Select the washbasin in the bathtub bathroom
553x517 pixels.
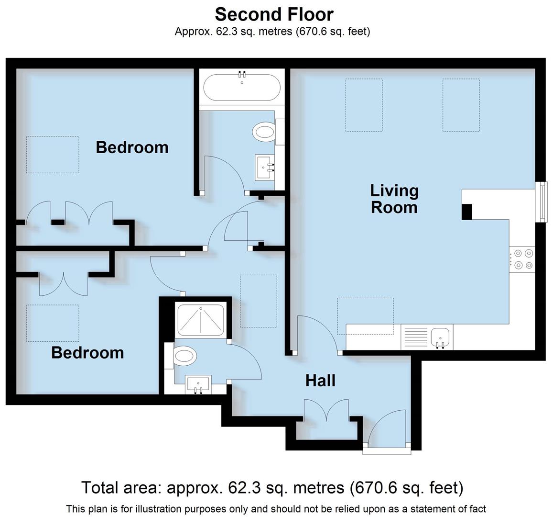pyautogui.click(x=265, y=167)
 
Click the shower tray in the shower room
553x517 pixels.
pyautogui.click(x=201, y=320)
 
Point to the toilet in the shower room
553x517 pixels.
pyautogui.click(x=184, y=356)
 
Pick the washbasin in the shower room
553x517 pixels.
pyautogui.click(x=198, y=384)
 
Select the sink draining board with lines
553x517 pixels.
pyautogui.click(x=415, y=337)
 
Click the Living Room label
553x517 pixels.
pyautogui.click(x=394, y=199)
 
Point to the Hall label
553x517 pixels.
pyautogui.click(x=320, y=381)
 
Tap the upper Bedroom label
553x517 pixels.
pyautogui.click(x=132, y=147)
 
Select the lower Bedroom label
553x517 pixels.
pyautogui.click(x=87, y=353)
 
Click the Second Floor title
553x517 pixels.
pyautogui.click(x=274, y=14)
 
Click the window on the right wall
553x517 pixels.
pyautogui.click(x=542, y=201)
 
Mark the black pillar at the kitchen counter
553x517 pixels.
pyautogui.click(x=466, y=212)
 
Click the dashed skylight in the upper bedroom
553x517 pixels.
pyautogui.click(x=52, y=154)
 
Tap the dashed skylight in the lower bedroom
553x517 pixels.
pyautogui.click(x=53, y=323)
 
